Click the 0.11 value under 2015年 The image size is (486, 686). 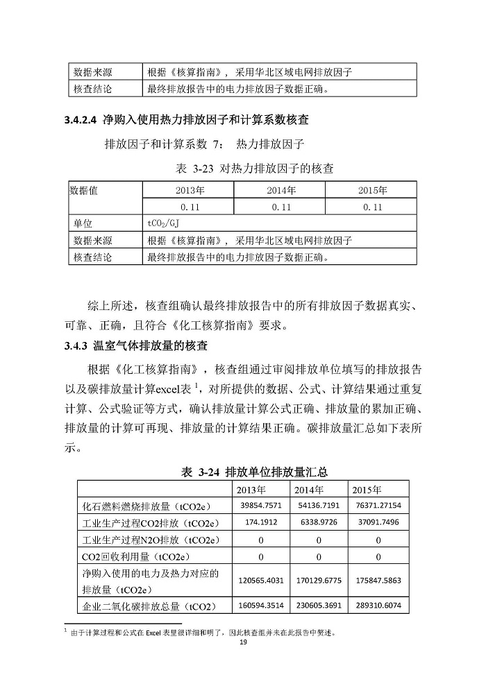(372, 207)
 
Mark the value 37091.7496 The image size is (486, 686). (378, 522)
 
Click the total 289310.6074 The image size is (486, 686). (378, 606)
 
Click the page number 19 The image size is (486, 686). (243, 642)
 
